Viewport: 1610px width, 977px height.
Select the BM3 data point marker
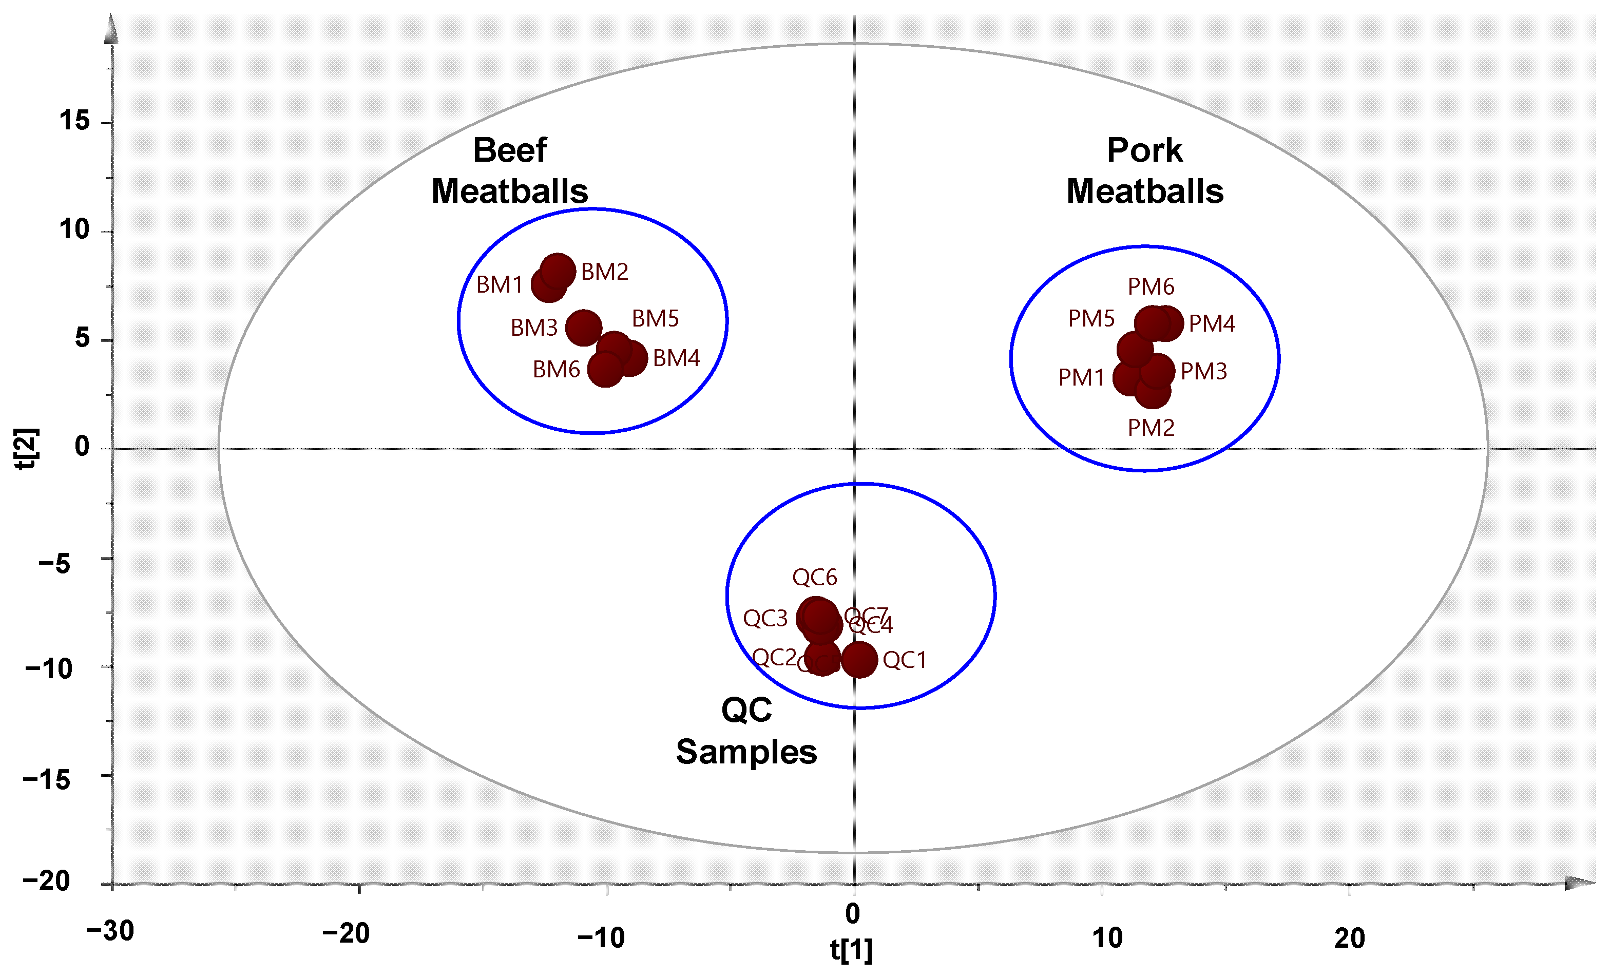[x=583, y=328]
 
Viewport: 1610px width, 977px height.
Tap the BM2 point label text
[x=604, y=272]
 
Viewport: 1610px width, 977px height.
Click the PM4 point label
[x=1212, y=323]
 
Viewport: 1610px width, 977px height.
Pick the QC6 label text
[x=814, y=577]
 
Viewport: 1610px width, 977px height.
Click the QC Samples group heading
[x=746, y=731]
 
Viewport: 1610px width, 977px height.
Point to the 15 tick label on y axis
[x=74, y=121]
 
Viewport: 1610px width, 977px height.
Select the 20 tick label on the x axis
[x=1349, y=938]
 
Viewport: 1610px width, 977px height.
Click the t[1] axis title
[x=851, y=950]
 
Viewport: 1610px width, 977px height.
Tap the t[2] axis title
[x=27, y=448]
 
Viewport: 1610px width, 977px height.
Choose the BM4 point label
[x=676, y=358]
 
